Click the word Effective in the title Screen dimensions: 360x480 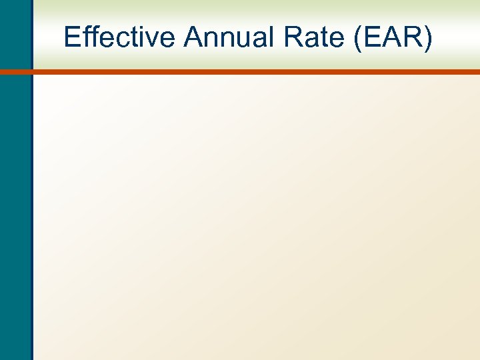120,37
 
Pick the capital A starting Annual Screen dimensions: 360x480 193,37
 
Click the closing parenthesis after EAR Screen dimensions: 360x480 428,38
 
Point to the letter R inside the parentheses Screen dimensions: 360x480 413,37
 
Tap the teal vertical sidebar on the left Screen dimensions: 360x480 15,200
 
